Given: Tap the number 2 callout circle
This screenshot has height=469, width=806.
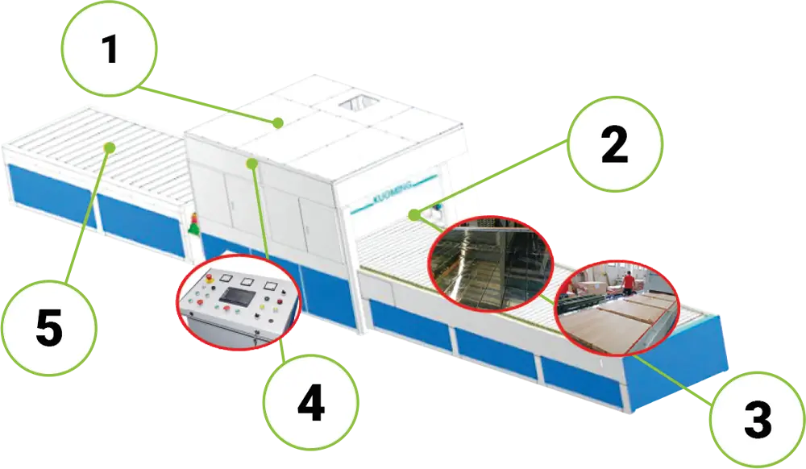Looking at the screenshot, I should (614, 145).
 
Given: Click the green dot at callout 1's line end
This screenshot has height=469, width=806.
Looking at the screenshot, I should (277, 123).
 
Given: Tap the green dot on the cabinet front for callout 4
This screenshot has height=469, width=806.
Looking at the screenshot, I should (253, 164).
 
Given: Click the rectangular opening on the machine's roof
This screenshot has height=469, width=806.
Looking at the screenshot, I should (355, 103).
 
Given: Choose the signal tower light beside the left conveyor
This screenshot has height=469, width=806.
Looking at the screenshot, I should (193, 223).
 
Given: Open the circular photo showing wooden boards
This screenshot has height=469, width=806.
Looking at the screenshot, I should (617, 307).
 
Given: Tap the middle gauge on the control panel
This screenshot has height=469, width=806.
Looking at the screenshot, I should (247, 283).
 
